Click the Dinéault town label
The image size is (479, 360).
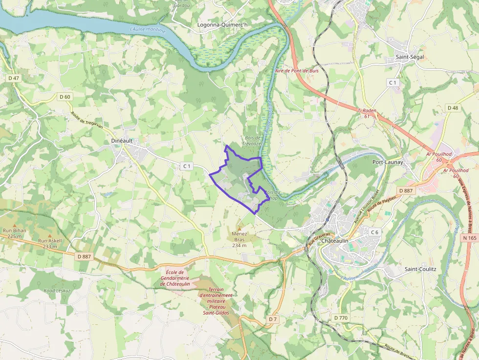click(x=118, y=141)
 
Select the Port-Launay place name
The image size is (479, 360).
click(x=387, y=162)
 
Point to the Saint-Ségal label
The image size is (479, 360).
click(x=410, y=57)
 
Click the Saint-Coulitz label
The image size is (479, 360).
click(x=420, y=269)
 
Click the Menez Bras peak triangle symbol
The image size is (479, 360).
click(x=239, y=228)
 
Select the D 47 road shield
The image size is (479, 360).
click(x=14, y=78)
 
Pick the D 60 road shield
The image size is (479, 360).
click(x=65, y=97)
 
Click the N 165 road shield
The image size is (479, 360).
click(x=469, y=238)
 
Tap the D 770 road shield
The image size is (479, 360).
click(x=341, y=318)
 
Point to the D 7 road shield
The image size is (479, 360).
click(x=273, y=319)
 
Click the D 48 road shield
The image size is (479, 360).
click(x=453, y=107)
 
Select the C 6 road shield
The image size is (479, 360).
click(x=374, y=232)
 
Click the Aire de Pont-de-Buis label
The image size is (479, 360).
click(x=297, y=71)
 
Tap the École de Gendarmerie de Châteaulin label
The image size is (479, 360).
click(x=174, y=278)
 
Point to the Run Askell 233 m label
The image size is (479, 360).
click(x=50, y=244)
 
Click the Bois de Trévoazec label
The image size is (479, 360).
click(x=252, y=141)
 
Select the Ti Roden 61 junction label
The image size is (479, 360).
click(x=367, y=113)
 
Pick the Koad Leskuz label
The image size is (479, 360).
click(x=57, y=290)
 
